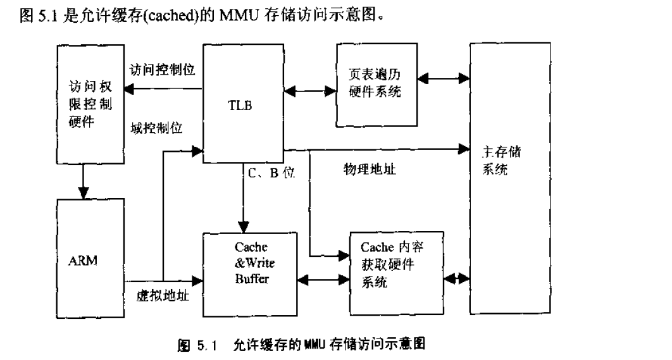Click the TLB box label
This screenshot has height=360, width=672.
240,106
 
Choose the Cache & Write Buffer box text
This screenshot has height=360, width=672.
251,262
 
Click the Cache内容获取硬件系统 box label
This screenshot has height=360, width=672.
392,264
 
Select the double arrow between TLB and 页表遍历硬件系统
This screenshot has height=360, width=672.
310,90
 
